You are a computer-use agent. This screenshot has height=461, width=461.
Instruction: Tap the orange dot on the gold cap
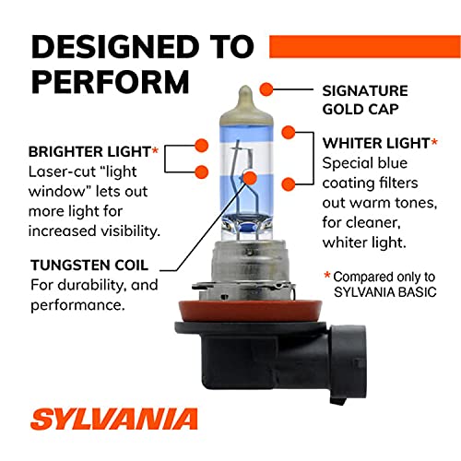click(266, 89)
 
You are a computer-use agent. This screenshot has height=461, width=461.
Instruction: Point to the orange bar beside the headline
click(382, 45)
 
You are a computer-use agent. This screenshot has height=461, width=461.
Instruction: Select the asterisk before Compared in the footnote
click(327, 276)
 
